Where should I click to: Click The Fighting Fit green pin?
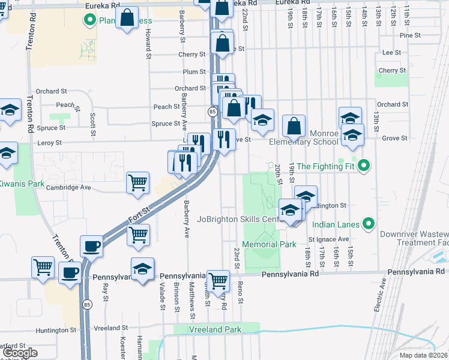(363, 166)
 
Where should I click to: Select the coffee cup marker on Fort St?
(92, 245)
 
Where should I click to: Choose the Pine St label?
(410, 35)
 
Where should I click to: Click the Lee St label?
(391, 53)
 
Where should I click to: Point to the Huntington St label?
(56, 330)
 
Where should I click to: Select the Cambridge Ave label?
(68, 187)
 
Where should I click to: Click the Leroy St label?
(50, 143)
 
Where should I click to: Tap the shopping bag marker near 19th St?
(294, 126)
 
